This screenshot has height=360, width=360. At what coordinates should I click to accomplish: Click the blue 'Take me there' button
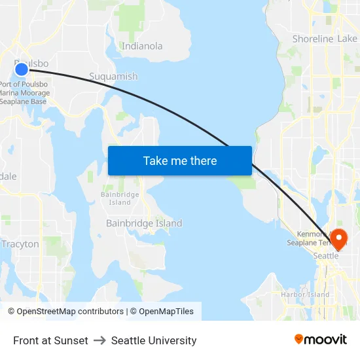pyautogui.click(x=180, y=160)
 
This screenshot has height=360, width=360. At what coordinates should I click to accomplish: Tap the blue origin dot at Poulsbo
pyautogui.click(x=21, y=69)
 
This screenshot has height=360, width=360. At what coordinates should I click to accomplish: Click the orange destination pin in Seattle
pyautogui.click(x=339, y=238)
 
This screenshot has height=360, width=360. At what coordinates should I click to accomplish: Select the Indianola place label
pyautogui.click(x=142, y=46)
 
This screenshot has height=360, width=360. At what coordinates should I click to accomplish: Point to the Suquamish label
pyautogui.click(x=113, y=77)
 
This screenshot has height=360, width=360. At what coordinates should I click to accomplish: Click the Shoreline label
pyautogui.click(x=313, y=39)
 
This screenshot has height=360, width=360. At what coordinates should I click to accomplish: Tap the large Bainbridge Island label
pyautogui.click(x=144, y=223)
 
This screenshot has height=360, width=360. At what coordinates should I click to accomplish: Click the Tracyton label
pyautogui.click(x=20, y=244)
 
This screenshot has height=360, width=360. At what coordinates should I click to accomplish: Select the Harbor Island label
pyautogui.click(x=305, y=295)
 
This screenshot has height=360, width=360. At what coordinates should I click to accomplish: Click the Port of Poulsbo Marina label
pyautogui.click(x=25, y=92)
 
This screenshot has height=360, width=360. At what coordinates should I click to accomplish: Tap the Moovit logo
pyautogui.click(x=321, y=339)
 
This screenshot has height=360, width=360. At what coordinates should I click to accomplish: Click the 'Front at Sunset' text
pyautogui.click(x=50, y=340)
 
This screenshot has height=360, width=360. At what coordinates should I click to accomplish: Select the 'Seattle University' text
pyautogui.click(x=154, y=340)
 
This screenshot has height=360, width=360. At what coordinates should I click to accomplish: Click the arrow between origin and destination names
pyautogui.click(x=99, y=340)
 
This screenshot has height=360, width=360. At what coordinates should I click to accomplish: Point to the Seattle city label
pyautogui.click(x=326, y=256)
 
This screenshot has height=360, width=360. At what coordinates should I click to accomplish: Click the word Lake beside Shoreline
pyautogui.click(x=348, y=39)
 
